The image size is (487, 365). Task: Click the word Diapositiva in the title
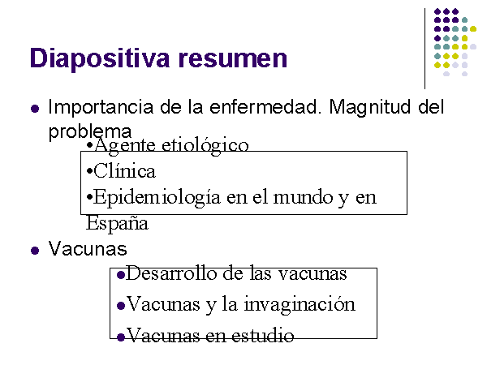click(x=100, y=58)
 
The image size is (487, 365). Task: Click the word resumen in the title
click(x=233, y=58)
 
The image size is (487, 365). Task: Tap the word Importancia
click(x=101, y=108)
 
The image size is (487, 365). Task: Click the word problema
click(x=90, y=132)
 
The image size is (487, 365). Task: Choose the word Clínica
click(x=124, y=171)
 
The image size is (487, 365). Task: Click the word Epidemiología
click(x=157, y=198)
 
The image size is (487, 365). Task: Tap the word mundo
click(x=303, y=197)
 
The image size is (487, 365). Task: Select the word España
click(x=117, y=223)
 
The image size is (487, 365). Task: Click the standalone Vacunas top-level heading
click(x=88, y=249)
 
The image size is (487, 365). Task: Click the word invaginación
click(x=300, y=304)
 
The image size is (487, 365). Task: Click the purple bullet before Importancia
click(x=35, y=109)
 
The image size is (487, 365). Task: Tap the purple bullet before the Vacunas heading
click(x=35, y=250)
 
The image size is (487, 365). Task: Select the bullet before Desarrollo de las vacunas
click(x=121, y=275)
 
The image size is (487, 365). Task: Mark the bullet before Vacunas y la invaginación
click(x=121, y=306)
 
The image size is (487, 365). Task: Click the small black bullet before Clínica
click(x=90, y=171)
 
